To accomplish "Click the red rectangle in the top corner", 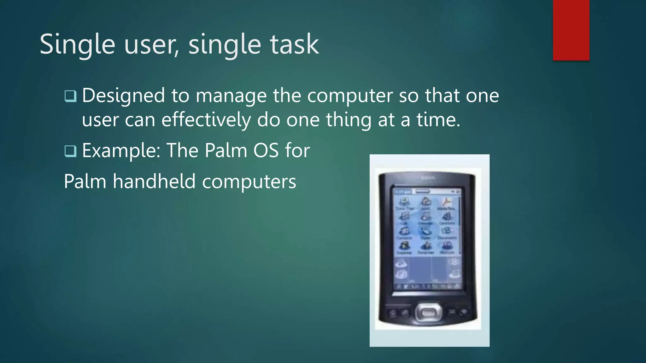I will [571, 30].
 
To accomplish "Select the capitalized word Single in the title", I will [77, 45].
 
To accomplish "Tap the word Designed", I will [123, 96].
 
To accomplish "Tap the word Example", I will [122, 151].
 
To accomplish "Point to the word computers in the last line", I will [249, 182].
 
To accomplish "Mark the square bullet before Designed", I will [70, 96].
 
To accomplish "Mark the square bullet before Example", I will [70, 151].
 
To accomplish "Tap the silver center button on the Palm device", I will [428, 312].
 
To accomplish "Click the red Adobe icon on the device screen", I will [447, 202].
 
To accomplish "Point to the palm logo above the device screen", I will [428, 178].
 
